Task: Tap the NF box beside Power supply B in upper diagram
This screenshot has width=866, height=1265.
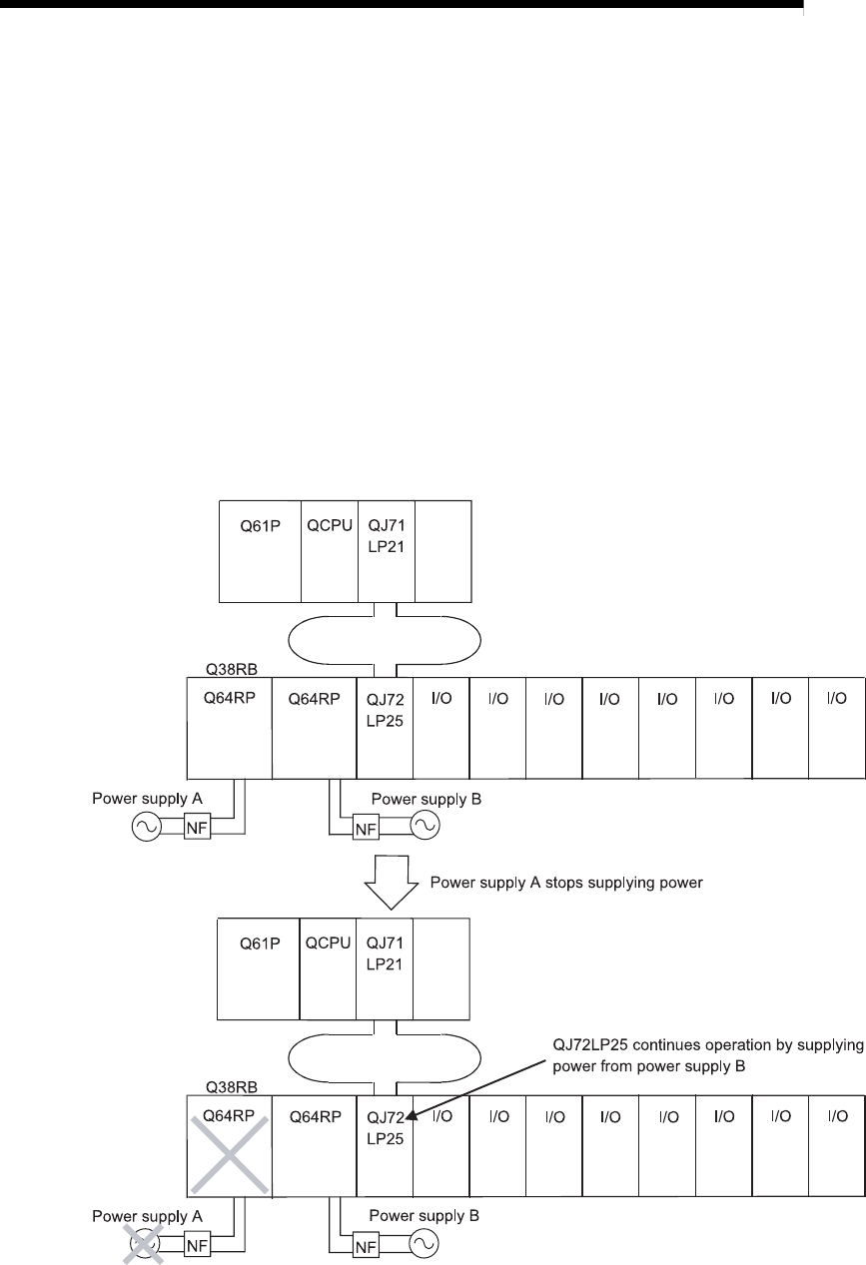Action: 364,828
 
